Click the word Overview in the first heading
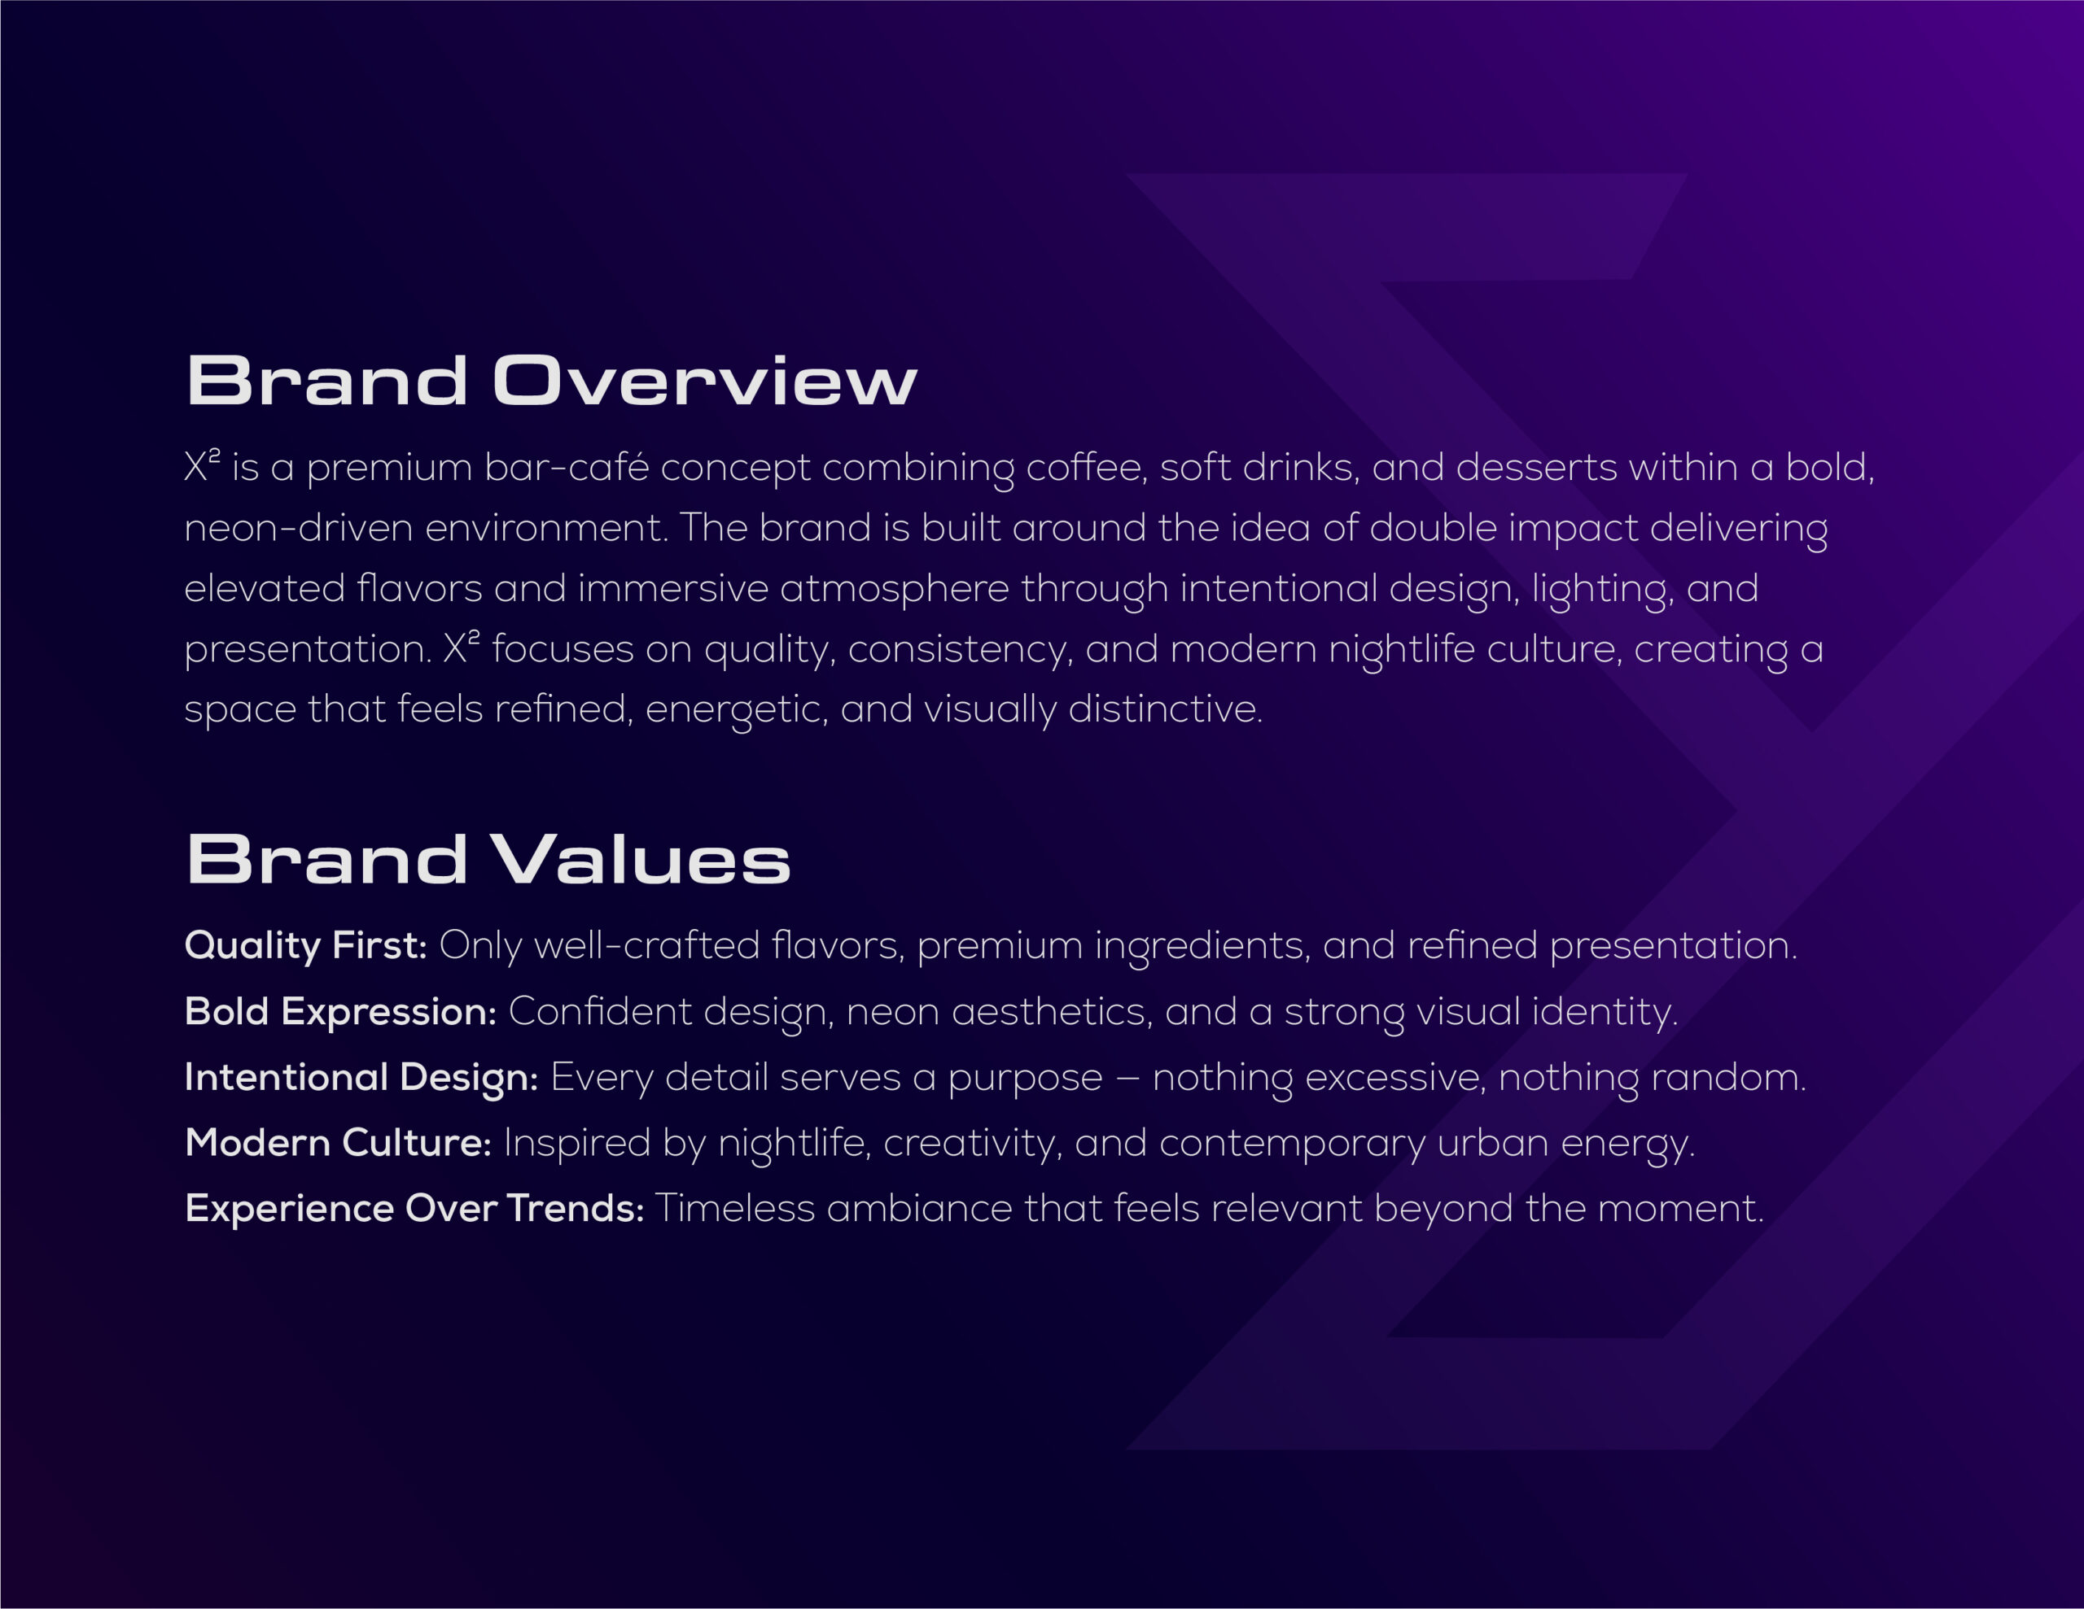pyautogui.click(x=704, y=382)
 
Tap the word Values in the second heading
pyautogui.click(x=642, y=858)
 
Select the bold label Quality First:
pyautogui.click(x=305, y=946)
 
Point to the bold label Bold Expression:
pyautogui.click(x=340, y=1012)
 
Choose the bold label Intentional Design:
pyautogui.click(x=361, y=1078)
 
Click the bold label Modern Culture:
pyautogui.click(x=339, y=1143)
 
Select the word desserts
pyautogui.click(x=1536, y=468)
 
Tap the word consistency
pyautogui.click(x=961, y=649)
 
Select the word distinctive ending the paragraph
pyautogui.click(x=1165, y=709)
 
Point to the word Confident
pyautogui.click(x=600, y=1012)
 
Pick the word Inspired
pyautogui.click(x=576, y=1144)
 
